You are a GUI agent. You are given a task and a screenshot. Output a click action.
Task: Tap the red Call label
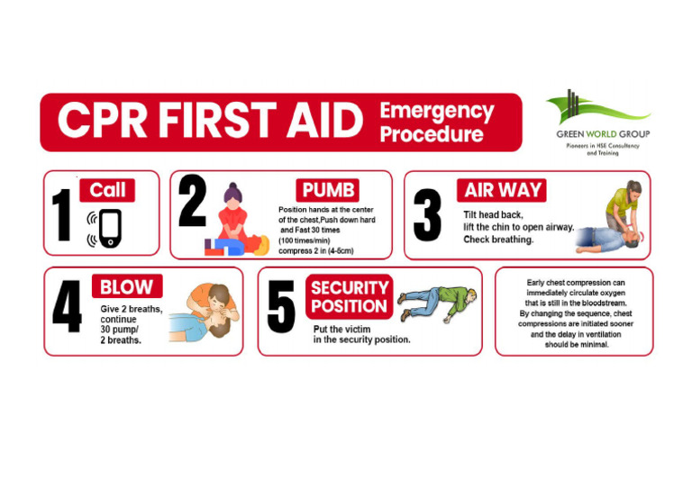coord(107,190)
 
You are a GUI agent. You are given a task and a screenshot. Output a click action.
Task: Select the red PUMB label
coord(327,190)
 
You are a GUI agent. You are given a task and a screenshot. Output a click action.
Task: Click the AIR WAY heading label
coord(502,190)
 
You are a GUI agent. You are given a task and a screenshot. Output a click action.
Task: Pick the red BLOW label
coord(127,286)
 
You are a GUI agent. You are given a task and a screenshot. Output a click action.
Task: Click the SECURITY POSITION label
coord(349,297)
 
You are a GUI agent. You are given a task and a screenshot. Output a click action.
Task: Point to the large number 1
coord(62,214)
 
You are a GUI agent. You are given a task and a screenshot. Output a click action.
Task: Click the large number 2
coord(193,200)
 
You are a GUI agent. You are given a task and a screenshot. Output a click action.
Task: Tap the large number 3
coord(427,214)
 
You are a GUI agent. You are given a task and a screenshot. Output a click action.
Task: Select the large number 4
coord(67,306)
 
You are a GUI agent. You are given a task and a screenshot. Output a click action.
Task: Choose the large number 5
coord(281,306)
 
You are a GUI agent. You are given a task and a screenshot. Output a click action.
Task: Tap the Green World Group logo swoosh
coord(598,108)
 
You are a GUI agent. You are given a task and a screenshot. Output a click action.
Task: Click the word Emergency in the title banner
coord(437,112)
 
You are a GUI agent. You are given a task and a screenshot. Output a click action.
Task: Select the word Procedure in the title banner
coord(432,134)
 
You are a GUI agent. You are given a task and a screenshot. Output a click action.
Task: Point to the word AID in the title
coord(324,120)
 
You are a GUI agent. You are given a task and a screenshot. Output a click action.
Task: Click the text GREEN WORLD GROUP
coord(603,134)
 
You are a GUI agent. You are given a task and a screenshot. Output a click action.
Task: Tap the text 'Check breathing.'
coord(498,240)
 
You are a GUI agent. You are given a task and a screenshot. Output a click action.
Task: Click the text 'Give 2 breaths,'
coord(131,309)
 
